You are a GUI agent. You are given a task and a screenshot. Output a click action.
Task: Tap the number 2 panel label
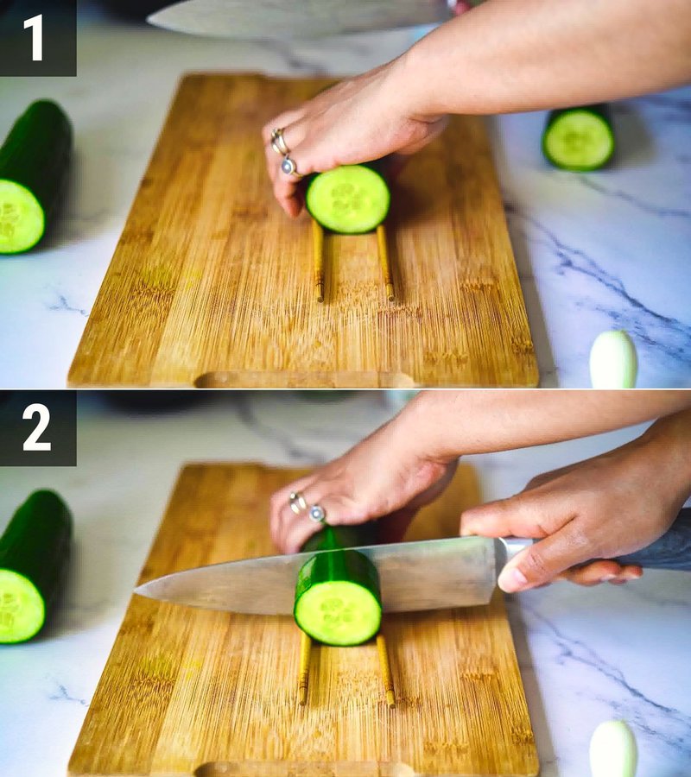(36, 428)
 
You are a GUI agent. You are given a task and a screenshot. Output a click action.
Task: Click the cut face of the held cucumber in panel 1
(348, 199)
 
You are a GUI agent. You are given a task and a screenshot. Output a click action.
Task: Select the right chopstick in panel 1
(384, 262)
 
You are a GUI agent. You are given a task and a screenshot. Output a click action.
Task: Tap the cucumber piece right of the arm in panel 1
(579, 138)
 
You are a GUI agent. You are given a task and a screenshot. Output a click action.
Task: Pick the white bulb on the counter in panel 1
(613, 360)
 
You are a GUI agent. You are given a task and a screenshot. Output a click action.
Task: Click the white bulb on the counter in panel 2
(613, 749)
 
